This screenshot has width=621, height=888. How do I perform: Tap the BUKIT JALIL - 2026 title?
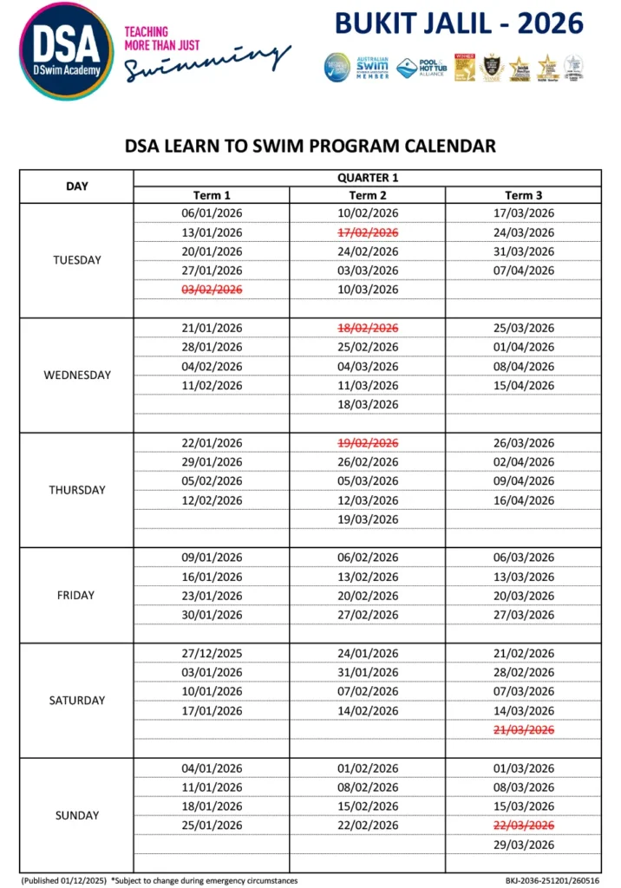[459, 23]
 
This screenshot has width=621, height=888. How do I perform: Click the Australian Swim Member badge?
[373, 68]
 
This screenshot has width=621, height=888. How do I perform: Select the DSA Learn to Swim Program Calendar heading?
[310, 146]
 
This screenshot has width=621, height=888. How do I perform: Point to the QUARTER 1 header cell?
[367, 178]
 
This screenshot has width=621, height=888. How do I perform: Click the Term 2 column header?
[368, 195]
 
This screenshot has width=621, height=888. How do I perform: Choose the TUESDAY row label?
[77, 260]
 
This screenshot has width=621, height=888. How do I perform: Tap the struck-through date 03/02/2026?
[212, 290]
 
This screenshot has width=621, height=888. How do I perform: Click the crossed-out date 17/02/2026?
[368, 232]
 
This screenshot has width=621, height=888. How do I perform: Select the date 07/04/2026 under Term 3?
[524, 271]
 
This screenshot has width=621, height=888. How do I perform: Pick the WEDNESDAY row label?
[77, 375]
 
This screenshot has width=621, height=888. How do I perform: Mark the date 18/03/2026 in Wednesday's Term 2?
[368, 404]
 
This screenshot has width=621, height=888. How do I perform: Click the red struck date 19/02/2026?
[368, 443]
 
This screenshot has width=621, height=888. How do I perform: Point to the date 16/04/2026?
[524, 500]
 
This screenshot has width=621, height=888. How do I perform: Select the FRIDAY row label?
[77, 596]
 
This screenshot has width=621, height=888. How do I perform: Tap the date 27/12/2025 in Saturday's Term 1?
[212, 654]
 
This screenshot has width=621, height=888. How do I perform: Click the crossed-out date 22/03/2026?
[524, 826]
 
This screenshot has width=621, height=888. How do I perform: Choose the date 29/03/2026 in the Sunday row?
[524, 845]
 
